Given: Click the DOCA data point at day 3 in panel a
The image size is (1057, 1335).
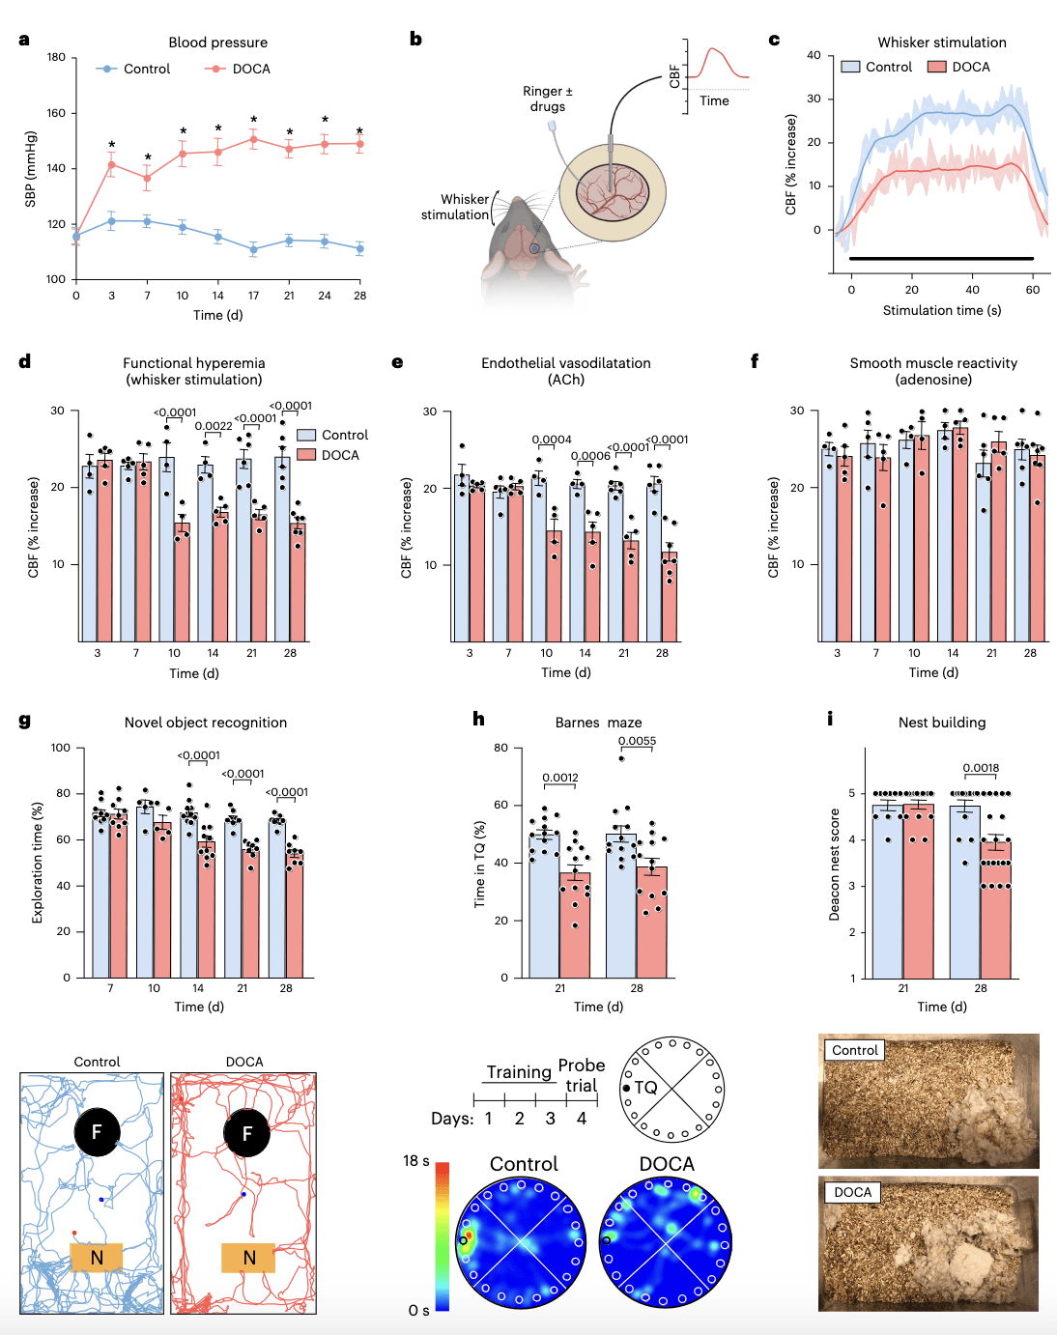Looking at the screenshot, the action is (x=112, y=165).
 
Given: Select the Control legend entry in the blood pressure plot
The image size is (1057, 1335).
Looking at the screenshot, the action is (x=133, y=69).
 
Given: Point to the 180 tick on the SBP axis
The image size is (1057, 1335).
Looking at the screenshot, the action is (x=56, y=57).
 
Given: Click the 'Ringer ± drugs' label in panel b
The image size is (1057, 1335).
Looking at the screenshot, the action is (x=548, y=99).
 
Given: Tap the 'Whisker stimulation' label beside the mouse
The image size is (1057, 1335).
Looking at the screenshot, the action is (x=455, y=207).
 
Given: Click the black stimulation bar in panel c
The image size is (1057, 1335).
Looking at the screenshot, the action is (x=941, y=258).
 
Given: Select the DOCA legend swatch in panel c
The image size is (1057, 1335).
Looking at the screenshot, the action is (x=936, y=67).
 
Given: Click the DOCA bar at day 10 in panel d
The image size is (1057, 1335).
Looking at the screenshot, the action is (x=182, y=582).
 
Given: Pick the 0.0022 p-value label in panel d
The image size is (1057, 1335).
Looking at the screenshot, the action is (x=213, y=426).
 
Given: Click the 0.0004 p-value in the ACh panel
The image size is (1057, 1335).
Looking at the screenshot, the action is (x=552, y=440).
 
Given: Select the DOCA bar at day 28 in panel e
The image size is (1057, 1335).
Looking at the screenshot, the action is (x=670, y=597).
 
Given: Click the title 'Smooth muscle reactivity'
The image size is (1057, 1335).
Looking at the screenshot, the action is (x=933, y=363).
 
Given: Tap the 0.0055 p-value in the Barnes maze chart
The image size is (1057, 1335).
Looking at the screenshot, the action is (x=637, y=741).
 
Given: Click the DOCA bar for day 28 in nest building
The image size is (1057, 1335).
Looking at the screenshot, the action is (x=995, y=910).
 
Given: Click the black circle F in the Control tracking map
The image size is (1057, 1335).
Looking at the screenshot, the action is (x=97, y=1132).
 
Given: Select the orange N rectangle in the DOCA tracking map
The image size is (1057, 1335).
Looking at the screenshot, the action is (x=248, y=1258).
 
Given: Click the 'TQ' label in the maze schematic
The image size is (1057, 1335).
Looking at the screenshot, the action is (x=645, y=1088).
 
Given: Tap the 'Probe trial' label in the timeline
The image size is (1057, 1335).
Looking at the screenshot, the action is (x=582, y=1075).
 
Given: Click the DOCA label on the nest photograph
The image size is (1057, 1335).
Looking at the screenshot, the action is (x=852, y=1192).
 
